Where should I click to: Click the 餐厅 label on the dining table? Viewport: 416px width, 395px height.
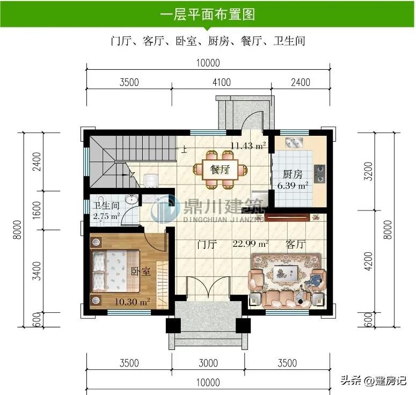coord(220,170)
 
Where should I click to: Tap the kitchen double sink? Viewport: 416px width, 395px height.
coord(294,143)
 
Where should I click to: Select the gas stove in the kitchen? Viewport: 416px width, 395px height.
coord(320,174)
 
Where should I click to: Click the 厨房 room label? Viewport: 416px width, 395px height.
coord(293,174)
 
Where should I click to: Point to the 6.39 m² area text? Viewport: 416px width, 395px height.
coord(293,185)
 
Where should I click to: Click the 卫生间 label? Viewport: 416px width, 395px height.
coord(106,206)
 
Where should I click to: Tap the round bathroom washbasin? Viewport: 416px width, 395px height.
coord(132,199)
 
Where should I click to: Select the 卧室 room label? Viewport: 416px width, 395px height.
coord(141,271)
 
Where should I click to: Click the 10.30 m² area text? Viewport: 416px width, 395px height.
coord(132,302)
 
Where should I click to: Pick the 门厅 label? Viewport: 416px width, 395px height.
coord(207,244)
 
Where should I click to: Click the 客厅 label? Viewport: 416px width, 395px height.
coord(296,244)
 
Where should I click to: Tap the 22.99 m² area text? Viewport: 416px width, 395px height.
coord(251,244)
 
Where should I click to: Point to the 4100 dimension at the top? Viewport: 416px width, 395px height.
coord(222,82)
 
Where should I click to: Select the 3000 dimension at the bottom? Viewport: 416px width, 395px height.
coord(208,363)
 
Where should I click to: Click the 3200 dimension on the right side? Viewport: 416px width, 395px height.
coord(368,171)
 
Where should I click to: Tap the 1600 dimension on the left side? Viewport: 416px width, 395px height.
coord(37,210)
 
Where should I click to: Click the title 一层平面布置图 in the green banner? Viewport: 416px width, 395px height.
coord(208,14)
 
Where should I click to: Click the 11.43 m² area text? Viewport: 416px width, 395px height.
coord(248,145)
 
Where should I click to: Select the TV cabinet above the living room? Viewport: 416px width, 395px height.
coord(287,217)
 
